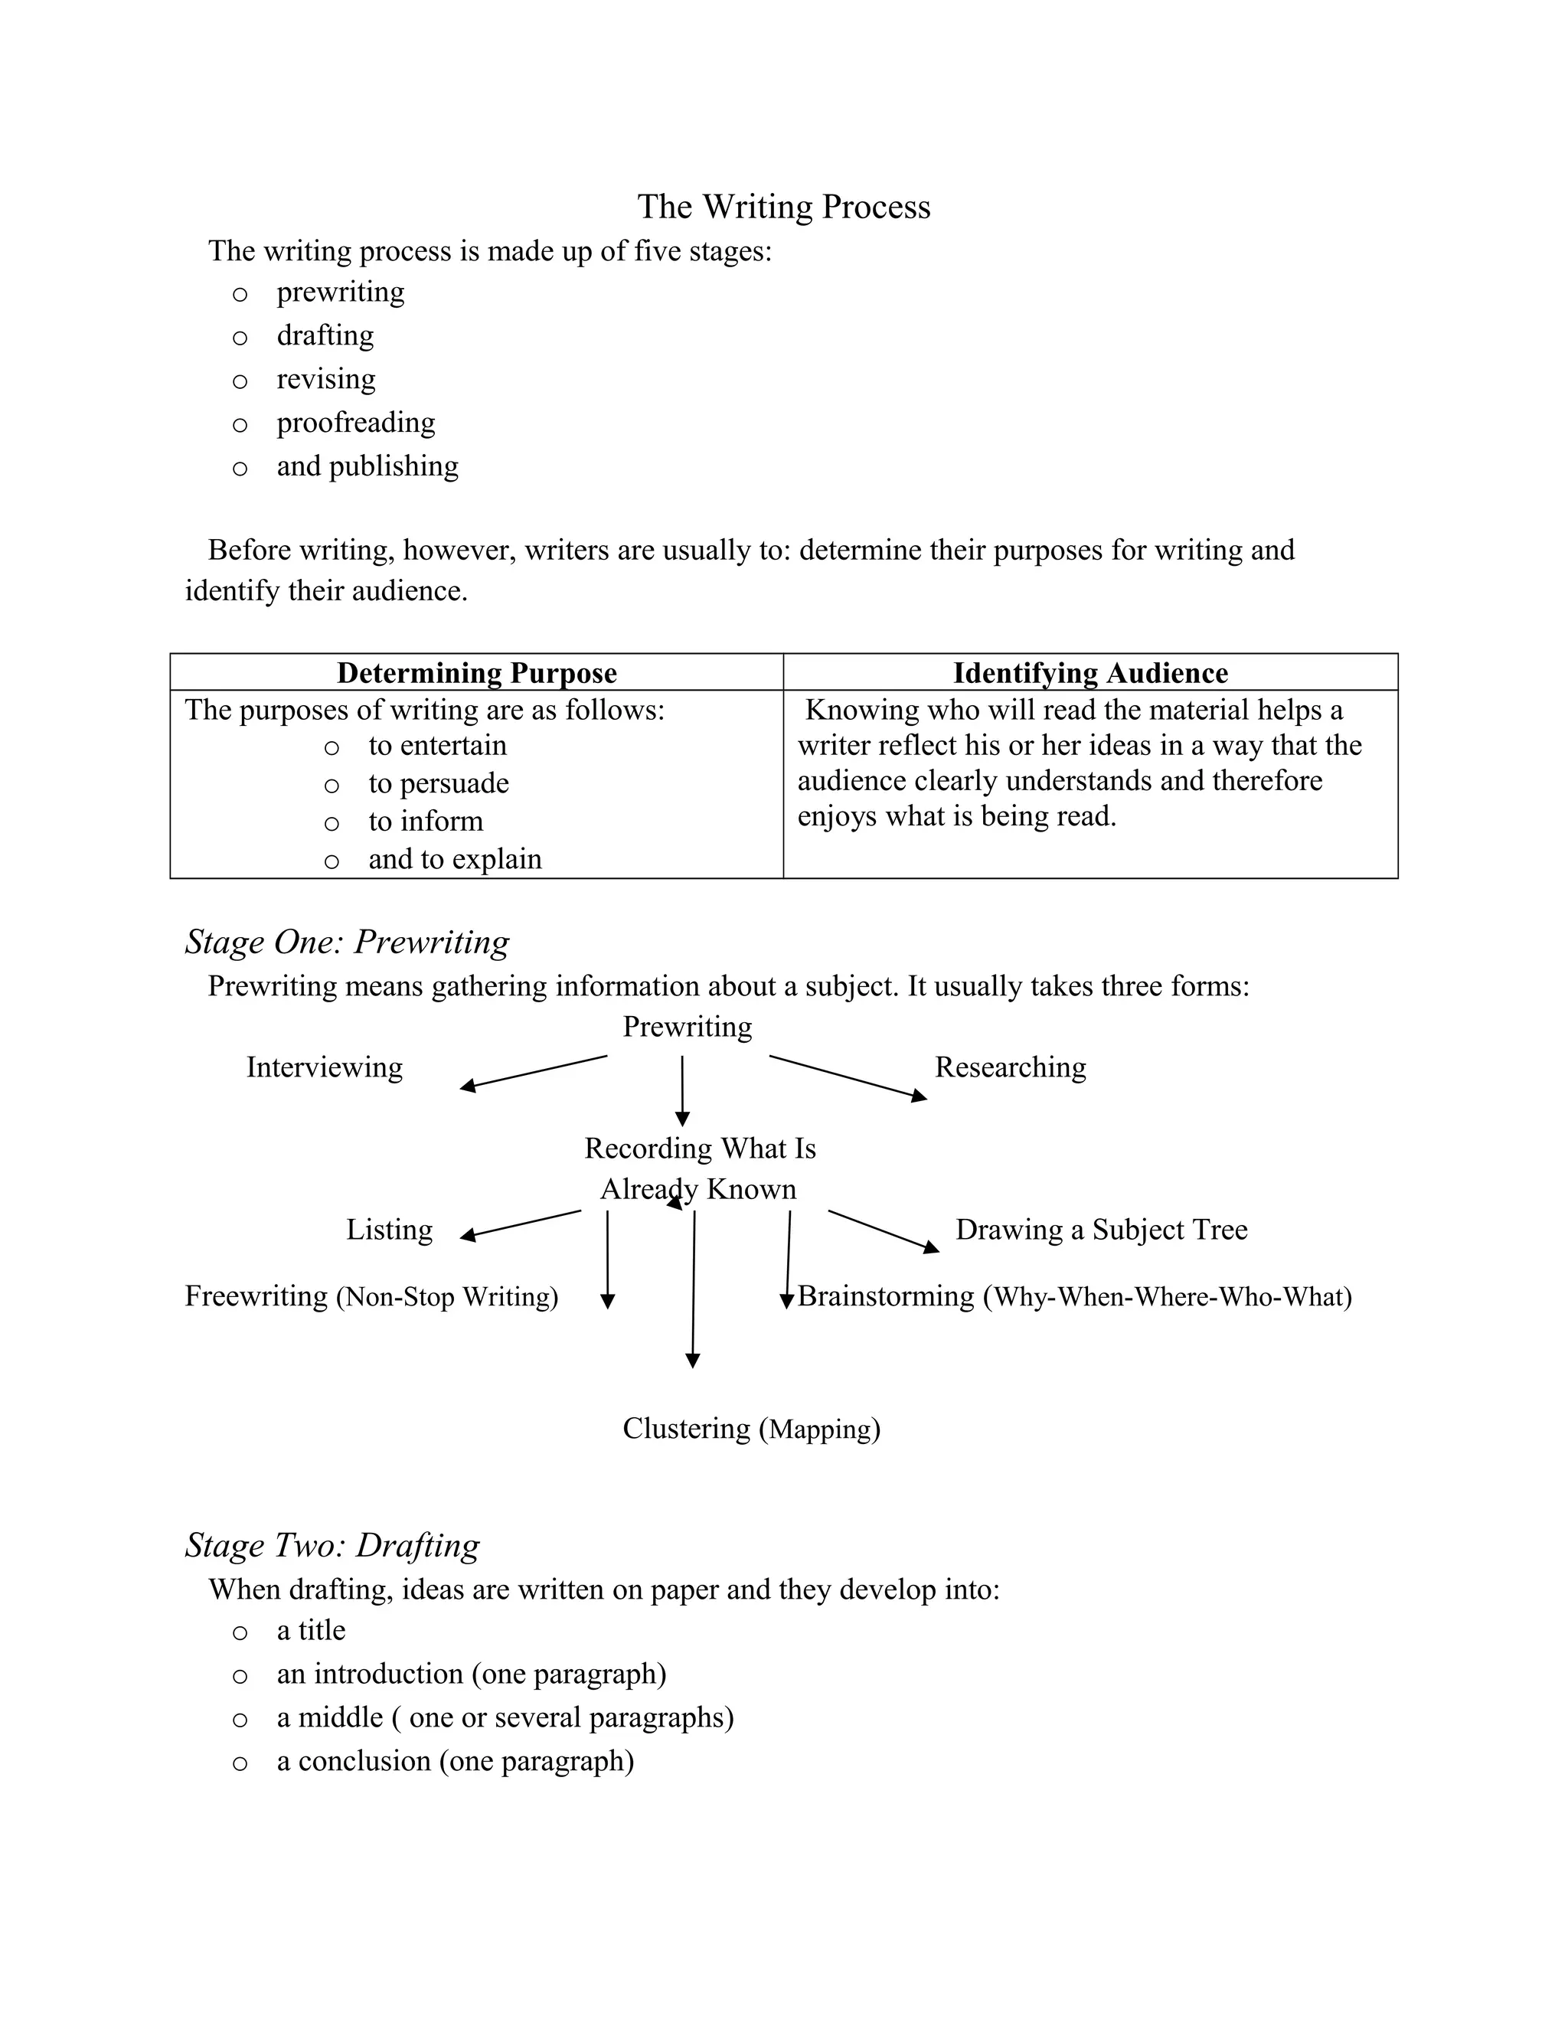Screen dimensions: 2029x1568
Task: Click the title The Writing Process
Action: (783, 206)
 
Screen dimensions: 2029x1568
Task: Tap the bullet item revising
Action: (326, 379)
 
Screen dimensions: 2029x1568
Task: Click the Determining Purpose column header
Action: (476, 672)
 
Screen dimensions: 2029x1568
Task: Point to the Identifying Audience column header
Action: (1089, 672)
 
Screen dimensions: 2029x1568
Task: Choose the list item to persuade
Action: (439, 783)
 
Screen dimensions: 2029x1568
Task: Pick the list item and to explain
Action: (454, 859)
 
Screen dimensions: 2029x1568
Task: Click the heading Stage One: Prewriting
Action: (347, 942)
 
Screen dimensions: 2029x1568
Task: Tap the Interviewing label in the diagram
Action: (324, 1067)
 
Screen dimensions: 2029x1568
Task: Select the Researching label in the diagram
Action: (1010, 1067)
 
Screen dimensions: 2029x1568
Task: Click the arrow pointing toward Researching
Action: (848, 1078)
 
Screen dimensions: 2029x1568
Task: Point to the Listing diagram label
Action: (389, 1230)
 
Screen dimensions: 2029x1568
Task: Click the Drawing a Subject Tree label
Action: (1101, 1230)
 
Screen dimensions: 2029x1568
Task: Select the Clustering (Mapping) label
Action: (750, 1429)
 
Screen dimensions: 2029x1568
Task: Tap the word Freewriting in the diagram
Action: (256, 1296)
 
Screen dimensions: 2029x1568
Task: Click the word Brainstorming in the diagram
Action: (885, 1296)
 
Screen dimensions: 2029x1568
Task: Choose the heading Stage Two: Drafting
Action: (332, 1545)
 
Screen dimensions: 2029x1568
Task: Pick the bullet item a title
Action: (310, 1630)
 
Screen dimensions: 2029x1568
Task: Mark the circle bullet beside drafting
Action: (240, 337)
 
